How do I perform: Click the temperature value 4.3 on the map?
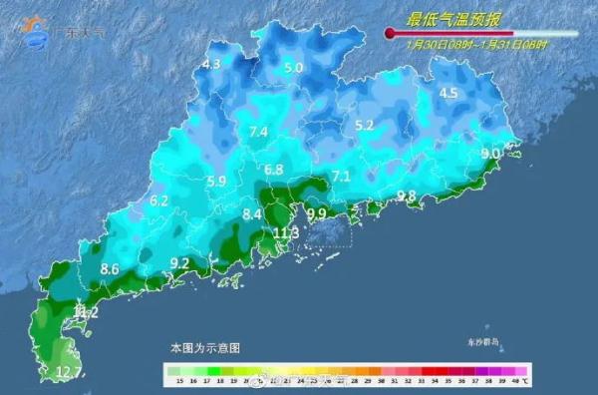point(210,65)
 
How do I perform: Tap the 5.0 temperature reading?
point(293,67)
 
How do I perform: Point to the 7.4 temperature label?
point(259,132)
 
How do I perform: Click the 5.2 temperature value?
point(364,125)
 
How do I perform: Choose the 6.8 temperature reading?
point(274,170)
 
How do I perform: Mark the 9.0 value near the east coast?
point(490,154)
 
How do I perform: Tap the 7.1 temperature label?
point(342,177)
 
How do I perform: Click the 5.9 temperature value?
point(216,181)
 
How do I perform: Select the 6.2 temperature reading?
point(158,200)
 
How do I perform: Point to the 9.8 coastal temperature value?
point(406,196)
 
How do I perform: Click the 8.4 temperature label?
point(252,213)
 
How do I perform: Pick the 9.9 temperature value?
point(317,213)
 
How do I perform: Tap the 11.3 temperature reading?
point(286,232)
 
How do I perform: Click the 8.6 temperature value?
point(110,269)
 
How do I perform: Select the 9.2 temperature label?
point(179,263)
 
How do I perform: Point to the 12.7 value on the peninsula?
point(68,372)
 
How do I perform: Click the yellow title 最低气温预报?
point(447,19)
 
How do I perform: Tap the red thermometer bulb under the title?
point(390,35)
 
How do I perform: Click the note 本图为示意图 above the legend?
point(204,347)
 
